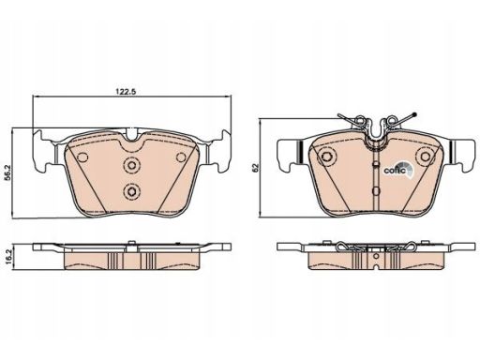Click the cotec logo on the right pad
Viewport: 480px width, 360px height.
397,170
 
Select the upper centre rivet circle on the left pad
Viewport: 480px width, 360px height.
131,164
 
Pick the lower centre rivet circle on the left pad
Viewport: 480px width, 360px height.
131,190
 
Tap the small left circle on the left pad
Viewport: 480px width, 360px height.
82,157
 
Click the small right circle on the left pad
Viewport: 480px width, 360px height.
181,157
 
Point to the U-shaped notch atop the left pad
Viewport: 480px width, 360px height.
132,135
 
